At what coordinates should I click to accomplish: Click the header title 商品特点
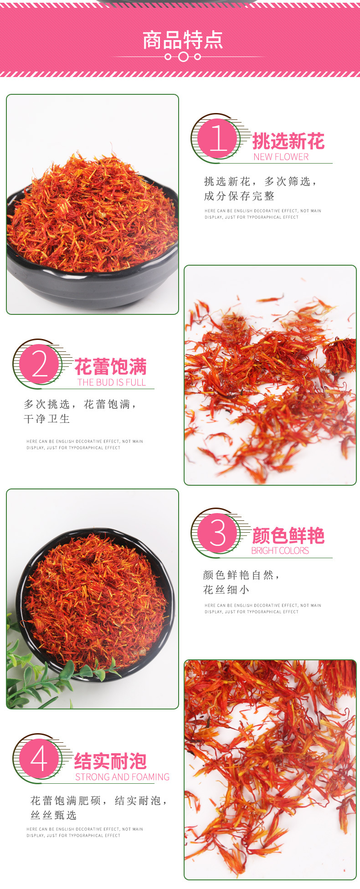click(x=183, y=40)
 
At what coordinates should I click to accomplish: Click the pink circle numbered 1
click(x=218, y=138)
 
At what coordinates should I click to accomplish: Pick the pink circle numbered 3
click(x=218, y=533)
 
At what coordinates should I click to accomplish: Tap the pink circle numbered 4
click(x=39, y=759)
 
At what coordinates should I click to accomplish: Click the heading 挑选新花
click(x=288, y=141)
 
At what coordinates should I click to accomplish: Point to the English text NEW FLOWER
click(x=281, y=157)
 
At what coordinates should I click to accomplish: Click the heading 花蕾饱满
click(x=110, y=367)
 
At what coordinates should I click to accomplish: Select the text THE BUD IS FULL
click(x=112, y=382)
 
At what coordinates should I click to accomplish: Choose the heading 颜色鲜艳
click(x=288, y=536)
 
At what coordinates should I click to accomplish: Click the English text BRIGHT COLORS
click(x=280, y=550)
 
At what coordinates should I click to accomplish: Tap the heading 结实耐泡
click(x=110, y=761)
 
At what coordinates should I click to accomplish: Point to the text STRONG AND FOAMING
click(x=122, y=777)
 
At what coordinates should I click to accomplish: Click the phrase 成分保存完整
click(x=239, y=196)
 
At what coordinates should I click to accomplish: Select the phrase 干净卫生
click(x=47, y=419)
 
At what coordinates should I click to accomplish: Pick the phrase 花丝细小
click(x=226, y=590)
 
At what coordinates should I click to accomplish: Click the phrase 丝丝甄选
click(x=54, y=815)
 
